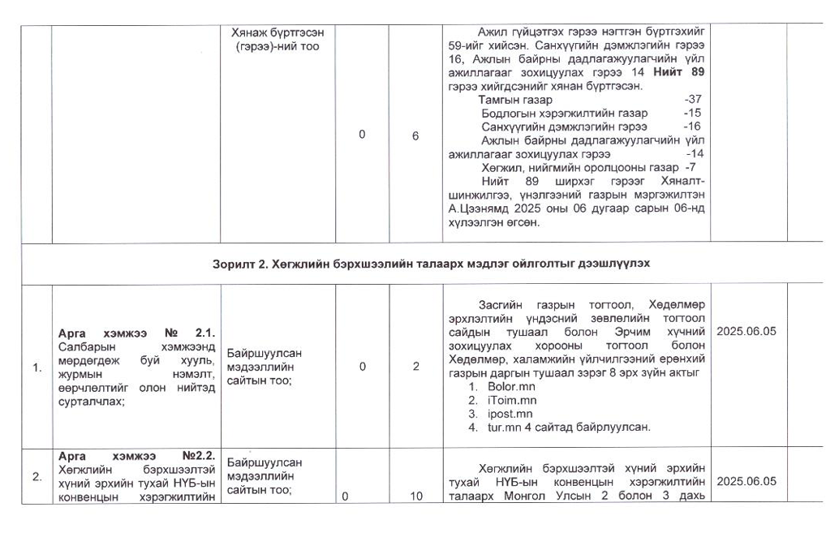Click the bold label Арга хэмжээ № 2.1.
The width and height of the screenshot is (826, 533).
pyautogui.click(x=136, y=333)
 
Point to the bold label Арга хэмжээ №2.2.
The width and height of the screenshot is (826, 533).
pyautogui.click(x=136, y=455)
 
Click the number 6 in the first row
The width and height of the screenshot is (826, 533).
pyautogui.click(x=415, y=136)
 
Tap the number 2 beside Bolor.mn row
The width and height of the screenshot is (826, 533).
pyautogui.click(x=415, y=367)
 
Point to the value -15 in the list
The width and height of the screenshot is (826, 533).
pyautogui.click(x=692, y=113)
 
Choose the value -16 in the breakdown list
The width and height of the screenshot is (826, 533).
pyautogui.click(x=692, y=127)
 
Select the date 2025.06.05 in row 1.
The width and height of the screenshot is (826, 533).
pyautogui.click(x=746, y=332)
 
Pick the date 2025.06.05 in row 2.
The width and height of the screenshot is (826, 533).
pyautogui.click(x=746, y=481)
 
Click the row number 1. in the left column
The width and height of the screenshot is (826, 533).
pyautogui.click(x=37, y=368)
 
